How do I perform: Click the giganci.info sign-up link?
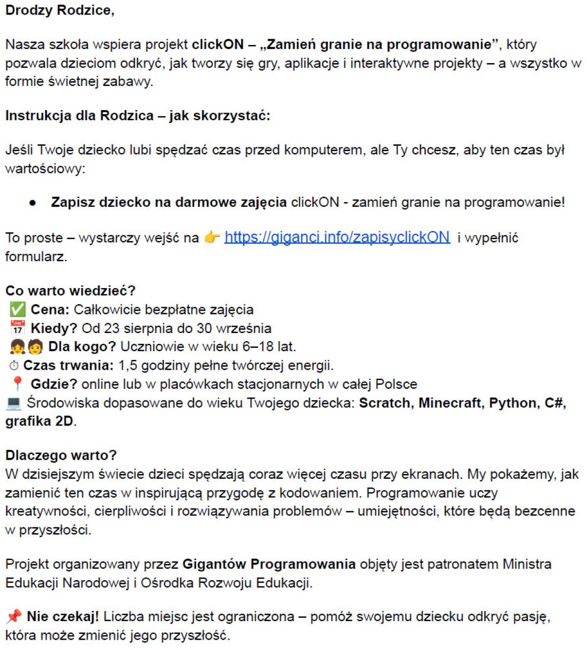(337, 237)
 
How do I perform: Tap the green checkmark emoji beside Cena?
(17, 310)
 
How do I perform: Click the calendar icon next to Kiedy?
(17, 328)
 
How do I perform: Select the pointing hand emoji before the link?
(212, 238)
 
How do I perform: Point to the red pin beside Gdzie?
(17, 384)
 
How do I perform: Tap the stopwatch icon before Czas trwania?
(14, 366)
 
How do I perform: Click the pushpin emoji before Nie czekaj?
(14, 617)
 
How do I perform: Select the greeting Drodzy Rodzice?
(59, 10)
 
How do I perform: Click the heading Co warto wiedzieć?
(70, 291)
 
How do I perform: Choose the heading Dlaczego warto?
(61, 455)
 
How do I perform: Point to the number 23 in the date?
(112, 328)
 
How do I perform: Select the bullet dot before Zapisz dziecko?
(33, 203)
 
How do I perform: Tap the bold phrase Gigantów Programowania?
(269, 564)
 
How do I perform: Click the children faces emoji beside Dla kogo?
(26, 347)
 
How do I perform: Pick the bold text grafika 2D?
(39, 421)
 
